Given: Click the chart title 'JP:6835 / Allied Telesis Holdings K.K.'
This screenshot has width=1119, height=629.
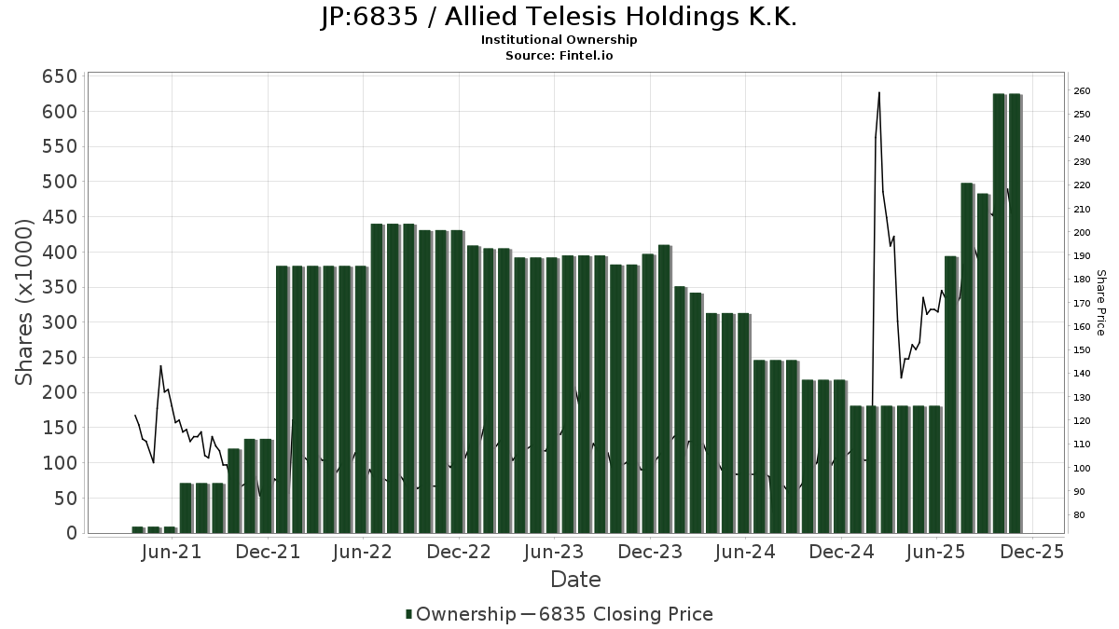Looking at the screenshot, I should pyautogui.click(x=559, y=18).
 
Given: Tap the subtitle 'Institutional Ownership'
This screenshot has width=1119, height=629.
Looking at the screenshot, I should pyautogui.click(x=559, y=40).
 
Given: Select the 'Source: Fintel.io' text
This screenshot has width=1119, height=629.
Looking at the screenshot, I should pyautogui.click(x=559, y=55).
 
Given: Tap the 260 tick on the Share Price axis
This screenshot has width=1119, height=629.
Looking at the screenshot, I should pyautogui.click(x=1082, y=91).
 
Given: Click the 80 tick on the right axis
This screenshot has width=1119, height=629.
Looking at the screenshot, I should pyautogui.click(x=1079, y=515).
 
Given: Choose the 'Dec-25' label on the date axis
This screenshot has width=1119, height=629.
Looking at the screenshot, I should pyautogui.click(x=1032, y=553).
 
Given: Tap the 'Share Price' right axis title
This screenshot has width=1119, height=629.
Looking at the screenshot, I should pyautogui.click(x=1100, y=303).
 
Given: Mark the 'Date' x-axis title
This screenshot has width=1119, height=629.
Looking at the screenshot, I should pyautogui.click(x=575, y=580).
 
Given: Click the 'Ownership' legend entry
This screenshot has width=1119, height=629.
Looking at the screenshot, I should pyautogui.click(x=463, y=614).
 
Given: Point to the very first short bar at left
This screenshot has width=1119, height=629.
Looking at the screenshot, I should pyautogui.click(x=138, y=529).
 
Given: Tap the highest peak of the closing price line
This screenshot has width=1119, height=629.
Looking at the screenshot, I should pyautogui.click(x=878, y=92).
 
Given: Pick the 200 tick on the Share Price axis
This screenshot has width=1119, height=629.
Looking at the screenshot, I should pyautogui.click(x=1082, y=233).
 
